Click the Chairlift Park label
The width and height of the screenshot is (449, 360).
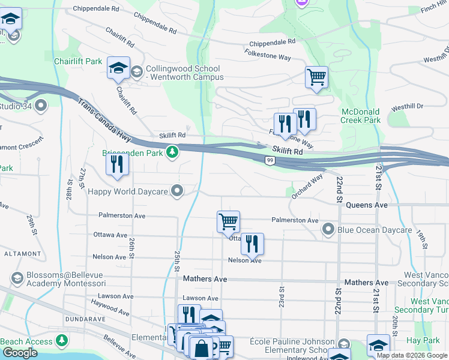click(77, 61)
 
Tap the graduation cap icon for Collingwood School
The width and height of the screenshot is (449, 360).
click(119, 68)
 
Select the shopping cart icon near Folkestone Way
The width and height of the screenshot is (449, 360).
click(316, 77)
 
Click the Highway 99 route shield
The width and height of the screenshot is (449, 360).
click(271, 160)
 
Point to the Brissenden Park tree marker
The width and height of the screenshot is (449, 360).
click(172, 152)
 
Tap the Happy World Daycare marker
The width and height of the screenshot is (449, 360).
click(177, 191)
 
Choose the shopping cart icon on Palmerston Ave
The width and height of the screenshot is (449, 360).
click(228, 221)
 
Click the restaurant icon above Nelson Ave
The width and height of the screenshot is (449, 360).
click(252, 244)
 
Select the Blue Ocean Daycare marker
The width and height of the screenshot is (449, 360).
click(328, 229)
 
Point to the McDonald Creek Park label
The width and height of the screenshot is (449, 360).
click(361, 116)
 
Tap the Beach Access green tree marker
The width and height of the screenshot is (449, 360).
click(61, 341)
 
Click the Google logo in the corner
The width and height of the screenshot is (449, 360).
click(20, 353)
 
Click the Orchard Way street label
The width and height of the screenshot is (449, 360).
click(307, 186)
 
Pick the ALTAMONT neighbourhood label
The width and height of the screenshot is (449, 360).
click(22, 254)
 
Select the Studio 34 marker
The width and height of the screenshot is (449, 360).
click(41, 106)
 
